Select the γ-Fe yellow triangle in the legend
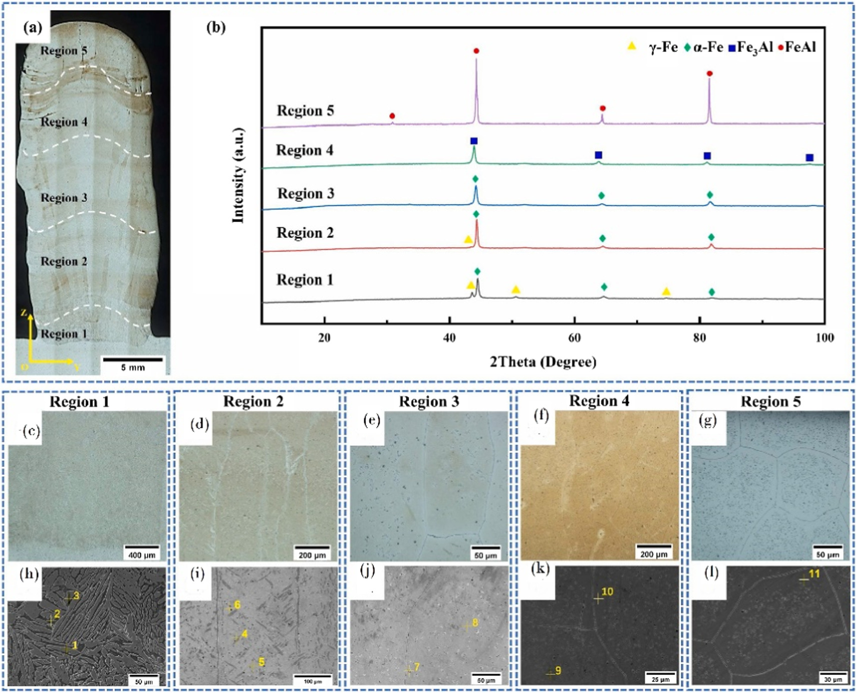(x=632, y=46)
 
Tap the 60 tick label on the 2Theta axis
(x=574, y=338)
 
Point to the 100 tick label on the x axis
(x=824, y=338)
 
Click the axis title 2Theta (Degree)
(x=543, y=361)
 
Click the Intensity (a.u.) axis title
(x=239, y=175)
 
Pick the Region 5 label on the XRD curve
(x=305, y=111)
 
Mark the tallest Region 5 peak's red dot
(x=476, y=51)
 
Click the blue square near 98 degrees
(x=809, y=158)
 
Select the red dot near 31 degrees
(x=392, y=116)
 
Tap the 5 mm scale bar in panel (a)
(x=133, y=359)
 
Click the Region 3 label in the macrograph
(x=64, y=198)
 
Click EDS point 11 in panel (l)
(x=803, y=580)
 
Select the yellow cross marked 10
(x=598, y=598)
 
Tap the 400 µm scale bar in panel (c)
(x=142, y=548)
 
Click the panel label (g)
(x=707, y=420)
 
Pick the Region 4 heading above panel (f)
(x=599, y=401)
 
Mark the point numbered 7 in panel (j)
(x=409, y=669)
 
